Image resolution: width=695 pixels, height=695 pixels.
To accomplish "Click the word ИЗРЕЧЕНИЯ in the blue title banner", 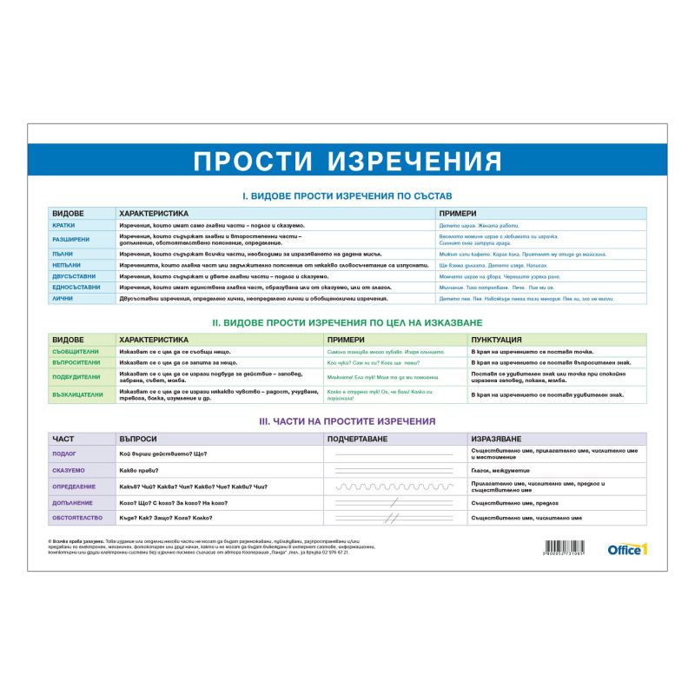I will [x=418, y=162].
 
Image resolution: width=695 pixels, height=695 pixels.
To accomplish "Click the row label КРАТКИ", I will [x=63, y=225].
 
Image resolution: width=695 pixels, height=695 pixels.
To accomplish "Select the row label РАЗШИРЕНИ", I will [x=69, y=239].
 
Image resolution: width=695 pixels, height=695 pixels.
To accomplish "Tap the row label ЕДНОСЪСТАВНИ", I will [x=76, y=287].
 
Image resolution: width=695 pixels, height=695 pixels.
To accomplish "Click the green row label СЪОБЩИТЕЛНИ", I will [x=76, y=351].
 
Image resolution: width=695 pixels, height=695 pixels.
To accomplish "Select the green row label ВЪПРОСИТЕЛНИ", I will [x=77, y=362].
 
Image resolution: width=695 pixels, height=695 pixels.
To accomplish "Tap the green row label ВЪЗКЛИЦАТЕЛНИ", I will [x=78, y=394].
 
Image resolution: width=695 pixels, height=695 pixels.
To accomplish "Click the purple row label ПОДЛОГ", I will [x=64, y=453].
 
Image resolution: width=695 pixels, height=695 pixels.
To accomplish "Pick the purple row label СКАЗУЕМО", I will [x=67, y=470].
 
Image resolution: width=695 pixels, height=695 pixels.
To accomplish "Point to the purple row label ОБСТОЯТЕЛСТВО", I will [x=77, y=519].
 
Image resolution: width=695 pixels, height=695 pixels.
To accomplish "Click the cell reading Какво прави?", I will [x=138, y=470].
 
